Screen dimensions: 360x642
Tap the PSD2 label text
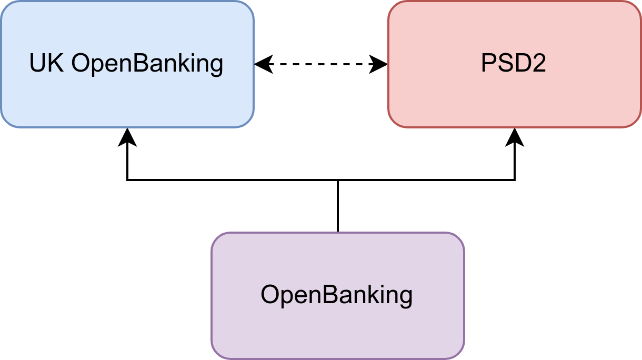pos(513,64)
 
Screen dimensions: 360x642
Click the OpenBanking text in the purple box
pos(336,295)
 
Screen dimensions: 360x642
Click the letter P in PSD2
pos(488,64)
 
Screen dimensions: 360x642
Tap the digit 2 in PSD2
pos(538,64)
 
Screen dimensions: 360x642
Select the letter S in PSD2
pos(504,64)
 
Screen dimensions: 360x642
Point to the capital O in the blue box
pos(82,64)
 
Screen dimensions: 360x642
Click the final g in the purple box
pos(405,297)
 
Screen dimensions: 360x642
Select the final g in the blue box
pos(216,66)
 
